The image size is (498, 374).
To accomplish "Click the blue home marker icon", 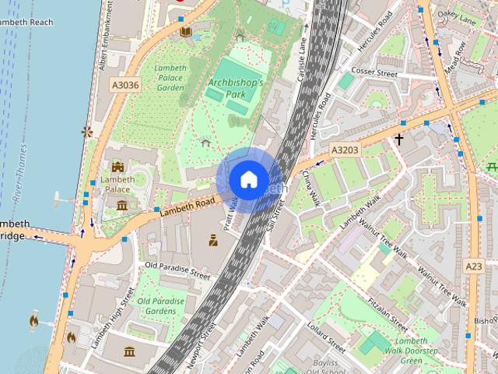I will [247, 179].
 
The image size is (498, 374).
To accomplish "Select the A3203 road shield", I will [344, 150].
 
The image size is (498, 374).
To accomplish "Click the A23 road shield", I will [474, 266].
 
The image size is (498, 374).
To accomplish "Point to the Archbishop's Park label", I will [236, 88].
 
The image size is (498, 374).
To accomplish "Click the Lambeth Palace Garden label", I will [170, 78].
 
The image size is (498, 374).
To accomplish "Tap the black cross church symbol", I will [399, 139].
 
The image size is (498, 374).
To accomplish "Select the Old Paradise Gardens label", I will [161, 306].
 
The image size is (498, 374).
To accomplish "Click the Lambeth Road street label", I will [188, 206].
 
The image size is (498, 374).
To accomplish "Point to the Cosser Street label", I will [374, 73].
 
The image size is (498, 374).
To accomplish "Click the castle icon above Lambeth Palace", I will [117, 167].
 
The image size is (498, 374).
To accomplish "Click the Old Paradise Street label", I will [177, 270].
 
